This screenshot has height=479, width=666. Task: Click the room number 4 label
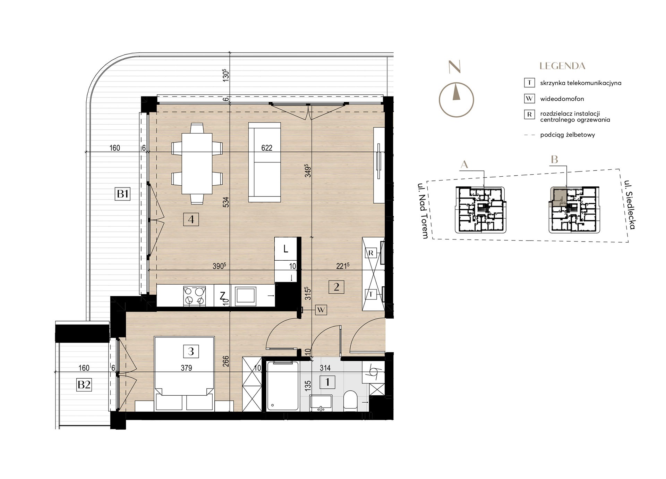(x=191, y=219)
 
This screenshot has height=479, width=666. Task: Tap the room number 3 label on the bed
(x=191, y=351)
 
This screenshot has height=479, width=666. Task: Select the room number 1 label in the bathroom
(x=327, y=382)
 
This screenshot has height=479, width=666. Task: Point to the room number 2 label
(x=336, y=287)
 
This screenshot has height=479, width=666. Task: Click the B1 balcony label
(x=123, y=193)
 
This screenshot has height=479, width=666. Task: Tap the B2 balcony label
(x=84, y=385)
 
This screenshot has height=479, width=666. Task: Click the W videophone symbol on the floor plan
(x=321, y=310)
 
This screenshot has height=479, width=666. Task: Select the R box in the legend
(x=529, y=115)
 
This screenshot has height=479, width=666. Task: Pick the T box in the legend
(x=529, y=83)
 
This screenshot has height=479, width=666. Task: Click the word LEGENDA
(x=562, y=66)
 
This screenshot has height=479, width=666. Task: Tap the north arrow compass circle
(x=456, y=100)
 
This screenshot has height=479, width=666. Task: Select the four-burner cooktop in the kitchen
(x=194, y=296)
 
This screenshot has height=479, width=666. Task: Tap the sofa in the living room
(x=265, y=162)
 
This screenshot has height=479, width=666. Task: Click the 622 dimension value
(x=267, y=148)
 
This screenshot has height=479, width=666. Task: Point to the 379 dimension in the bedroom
(x=186, y=368)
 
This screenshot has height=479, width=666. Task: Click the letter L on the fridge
(x=285, y=249)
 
